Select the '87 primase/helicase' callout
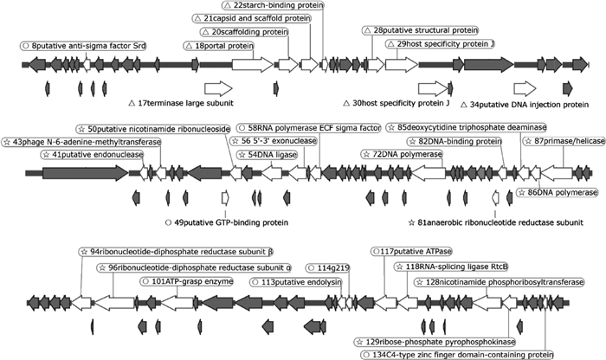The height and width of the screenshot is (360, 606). point(554,141)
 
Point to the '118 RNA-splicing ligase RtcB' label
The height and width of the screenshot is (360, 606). point(448,268)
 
